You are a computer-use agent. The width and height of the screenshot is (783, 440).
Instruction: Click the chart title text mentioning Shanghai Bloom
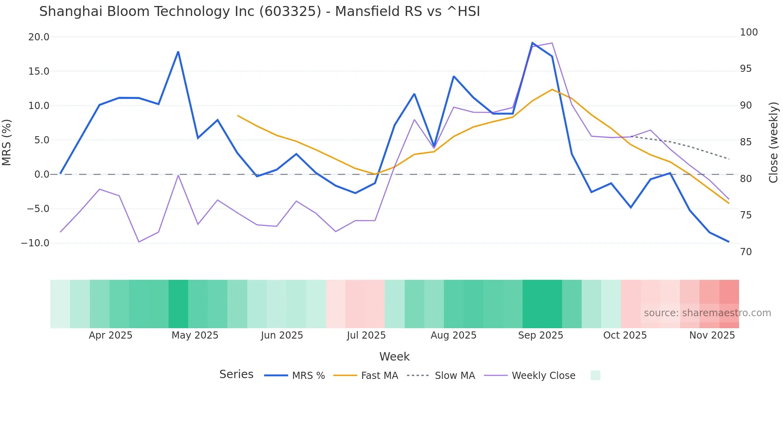259,12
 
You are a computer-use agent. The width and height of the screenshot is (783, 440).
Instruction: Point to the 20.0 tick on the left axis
39,37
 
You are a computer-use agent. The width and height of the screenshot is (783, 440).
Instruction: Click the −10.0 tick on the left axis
36,243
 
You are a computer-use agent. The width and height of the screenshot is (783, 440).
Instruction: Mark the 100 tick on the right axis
749,32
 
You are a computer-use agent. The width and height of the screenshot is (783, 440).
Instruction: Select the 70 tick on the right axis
746,252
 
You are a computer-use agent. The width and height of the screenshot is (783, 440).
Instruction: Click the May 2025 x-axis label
195,335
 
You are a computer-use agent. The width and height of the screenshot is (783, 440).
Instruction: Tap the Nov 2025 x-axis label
712,335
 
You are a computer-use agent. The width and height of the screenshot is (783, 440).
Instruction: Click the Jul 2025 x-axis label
366,335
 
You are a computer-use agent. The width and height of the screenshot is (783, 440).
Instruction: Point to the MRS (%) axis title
7,143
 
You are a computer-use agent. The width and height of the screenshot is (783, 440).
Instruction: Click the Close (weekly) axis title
774,143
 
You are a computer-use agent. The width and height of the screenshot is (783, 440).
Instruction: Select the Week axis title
394,357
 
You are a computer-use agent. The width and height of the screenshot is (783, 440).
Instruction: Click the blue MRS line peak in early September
533,43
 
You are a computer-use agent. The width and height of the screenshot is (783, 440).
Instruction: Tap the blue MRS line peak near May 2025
178,52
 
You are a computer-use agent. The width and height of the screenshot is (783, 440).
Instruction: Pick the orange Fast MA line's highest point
552,89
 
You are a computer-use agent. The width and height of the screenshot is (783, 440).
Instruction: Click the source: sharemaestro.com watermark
707,313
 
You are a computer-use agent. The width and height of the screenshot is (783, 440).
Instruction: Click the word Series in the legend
236,375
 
